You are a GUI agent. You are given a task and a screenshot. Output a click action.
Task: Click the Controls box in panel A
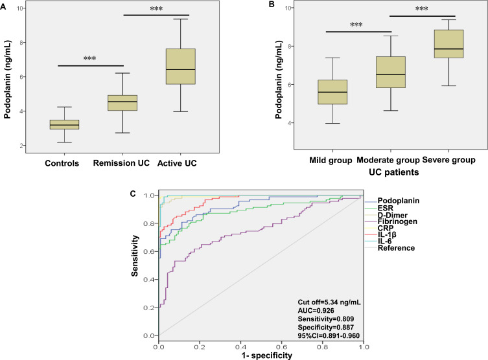(x=65, y=124)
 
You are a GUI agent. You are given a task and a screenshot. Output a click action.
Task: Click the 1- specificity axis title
(x=261, y=355)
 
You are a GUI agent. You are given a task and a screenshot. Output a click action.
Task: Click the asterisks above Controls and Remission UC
(x=90, y=59)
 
